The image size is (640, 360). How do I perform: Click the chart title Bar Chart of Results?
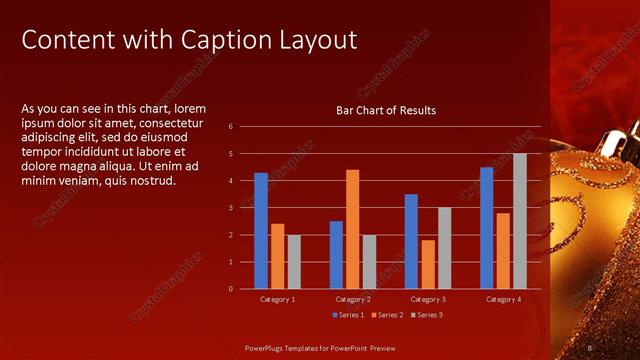[385, 110]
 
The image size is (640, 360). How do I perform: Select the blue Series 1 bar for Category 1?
[261, 230]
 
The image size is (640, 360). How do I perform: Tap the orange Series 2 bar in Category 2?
[352, 229]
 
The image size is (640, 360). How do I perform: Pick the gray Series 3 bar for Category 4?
[519, 221]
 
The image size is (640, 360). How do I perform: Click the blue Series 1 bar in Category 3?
[411, 241]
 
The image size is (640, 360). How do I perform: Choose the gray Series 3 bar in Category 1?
[294, 261]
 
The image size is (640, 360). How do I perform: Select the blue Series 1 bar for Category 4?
[486, 228]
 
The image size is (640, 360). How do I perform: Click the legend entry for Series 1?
[347, 315]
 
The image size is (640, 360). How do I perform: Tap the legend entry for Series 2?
[385, 315]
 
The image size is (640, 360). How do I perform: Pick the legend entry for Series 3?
[424, 315]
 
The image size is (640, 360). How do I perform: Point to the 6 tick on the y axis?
[231, 127]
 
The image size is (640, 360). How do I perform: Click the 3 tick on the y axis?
[231, 208]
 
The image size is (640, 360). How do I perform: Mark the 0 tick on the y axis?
[231, 289]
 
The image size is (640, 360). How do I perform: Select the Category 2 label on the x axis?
[353, 299]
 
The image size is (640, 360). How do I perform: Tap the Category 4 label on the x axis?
[503, 299]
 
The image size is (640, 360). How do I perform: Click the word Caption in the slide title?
[220, 40]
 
